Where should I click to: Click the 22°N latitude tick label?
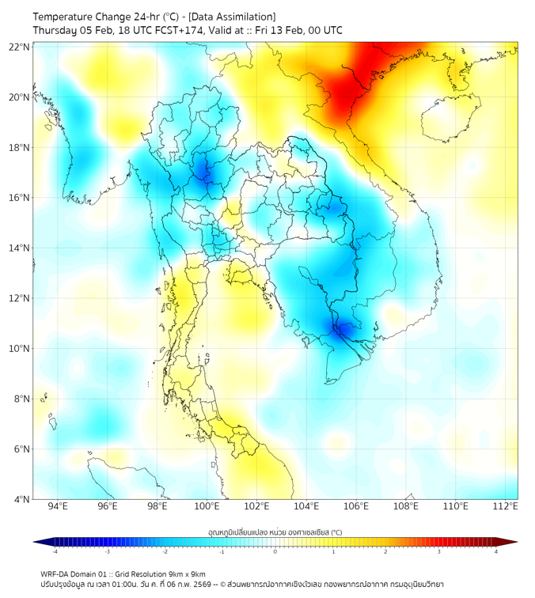pyautogui.click(x=20, y=47)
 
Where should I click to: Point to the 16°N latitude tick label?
pyautogui.click(x=20, y=198)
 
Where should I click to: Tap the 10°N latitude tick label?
pyautogui.click(x=20, y=349)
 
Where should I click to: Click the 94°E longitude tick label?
pyautogui.click(x=58, y=506)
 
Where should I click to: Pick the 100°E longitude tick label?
pyautogui.click(x=207, y=506)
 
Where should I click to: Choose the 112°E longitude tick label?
pyautogui.click(x=505, y=506)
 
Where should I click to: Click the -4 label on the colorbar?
pyautogui.click(x=55, y=551)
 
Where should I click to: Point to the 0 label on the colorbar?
pyautogui.click(x=275, y=551)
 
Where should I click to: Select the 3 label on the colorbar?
pyautogui.click(x=441, y=551)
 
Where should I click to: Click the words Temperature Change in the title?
pyautogui.click(x=78, y=17)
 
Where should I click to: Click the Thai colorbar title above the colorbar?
pyautogui.click(x=275, y=532)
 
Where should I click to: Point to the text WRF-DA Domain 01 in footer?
pyautogui.click(x=76, y=573)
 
